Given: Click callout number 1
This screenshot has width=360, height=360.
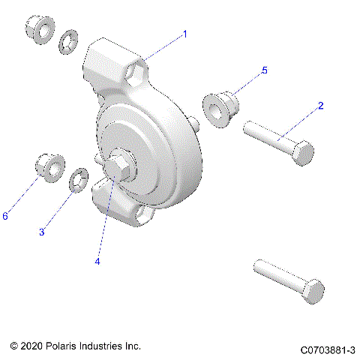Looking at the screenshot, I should (x=185, y=34).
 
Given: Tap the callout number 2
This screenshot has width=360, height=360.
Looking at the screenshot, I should (x=320, y=106).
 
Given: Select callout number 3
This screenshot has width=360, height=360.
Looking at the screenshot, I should (x=42, y=232).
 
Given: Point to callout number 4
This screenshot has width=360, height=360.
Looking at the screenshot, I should (x=97, y=262).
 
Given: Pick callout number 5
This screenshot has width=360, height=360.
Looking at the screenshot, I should (x=263, y=70).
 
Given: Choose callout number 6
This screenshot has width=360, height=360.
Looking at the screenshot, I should (x=5, y=216).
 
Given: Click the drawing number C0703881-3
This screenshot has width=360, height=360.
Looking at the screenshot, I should (x=327, y=350).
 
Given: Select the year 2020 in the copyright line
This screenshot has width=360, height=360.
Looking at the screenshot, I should (x=33, y=346).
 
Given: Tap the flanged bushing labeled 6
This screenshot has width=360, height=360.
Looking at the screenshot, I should (x=51, y=168).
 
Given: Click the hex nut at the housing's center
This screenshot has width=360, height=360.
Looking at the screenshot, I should (x=118, y=166).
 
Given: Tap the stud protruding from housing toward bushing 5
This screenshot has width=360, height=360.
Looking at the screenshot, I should (x=194, y=121).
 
